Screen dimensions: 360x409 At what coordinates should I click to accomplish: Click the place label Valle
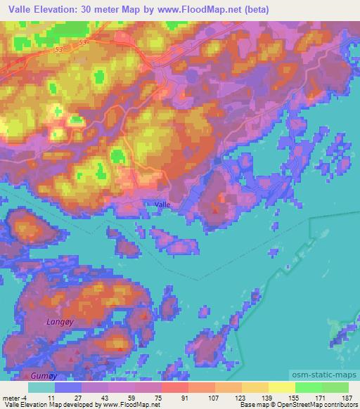162,204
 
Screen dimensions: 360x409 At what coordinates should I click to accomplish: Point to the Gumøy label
22,377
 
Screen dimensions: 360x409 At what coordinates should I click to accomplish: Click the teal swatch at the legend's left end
42,387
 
